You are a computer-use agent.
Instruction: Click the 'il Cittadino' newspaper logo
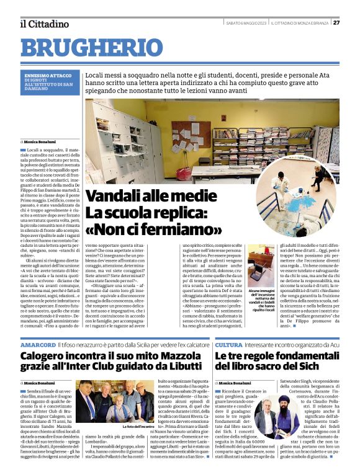43,24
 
